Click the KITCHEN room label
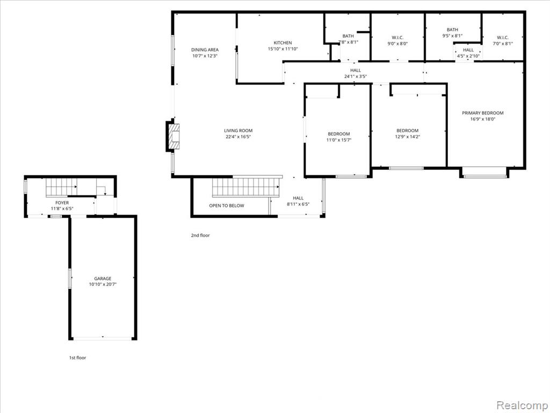coord(283,43)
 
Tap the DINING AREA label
coord(205,50)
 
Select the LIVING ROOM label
coord(238,131)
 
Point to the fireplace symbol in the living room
coord(174,137)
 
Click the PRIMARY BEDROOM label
coord(483,113)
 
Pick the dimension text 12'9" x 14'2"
coord(408,137)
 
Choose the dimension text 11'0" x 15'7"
coord(339,140)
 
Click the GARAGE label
coord(103,279)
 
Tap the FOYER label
coord(62,203)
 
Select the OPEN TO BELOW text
coord(227,205)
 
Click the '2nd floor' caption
coord(200,236)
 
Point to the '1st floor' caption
coord(77,358)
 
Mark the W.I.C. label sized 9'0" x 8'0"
coord(397,38)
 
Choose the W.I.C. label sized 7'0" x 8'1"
coord(503,38)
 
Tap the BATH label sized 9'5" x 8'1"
coord(452,30)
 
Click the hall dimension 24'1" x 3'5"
coord(356,76)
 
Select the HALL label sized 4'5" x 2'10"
coord(468,50)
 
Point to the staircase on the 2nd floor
coord(245,187)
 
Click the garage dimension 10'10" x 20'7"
coord(103,284)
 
